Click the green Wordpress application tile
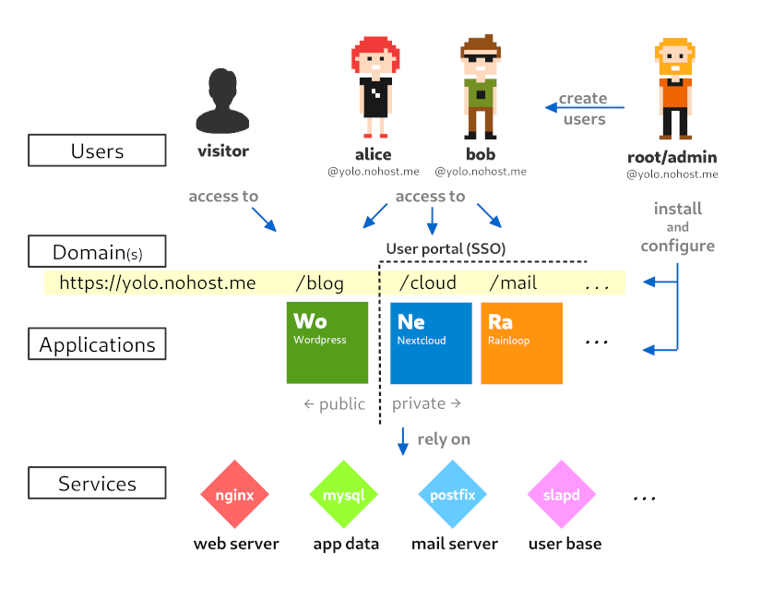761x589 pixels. click(x=327, y=343)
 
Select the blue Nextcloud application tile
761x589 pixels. click(x=431, y=343)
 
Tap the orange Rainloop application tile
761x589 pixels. click(x=521, y=343)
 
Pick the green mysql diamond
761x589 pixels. click(x=344, y=495)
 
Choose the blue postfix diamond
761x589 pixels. click(x=453, y=495)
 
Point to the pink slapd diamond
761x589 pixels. click(x=562, y=495)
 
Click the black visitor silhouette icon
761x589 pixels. click(x=222, y=102)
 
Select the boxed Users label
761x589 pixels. click(x=97, y=150)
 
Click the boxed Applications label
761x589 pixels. click(x=97, y=344)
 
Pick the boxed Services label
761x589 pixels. click(x=97, y=483)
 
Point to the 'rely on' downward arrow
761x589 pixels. click(x=403, y=440)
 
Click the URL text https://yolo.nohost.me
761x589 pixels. click(x=157, y=282)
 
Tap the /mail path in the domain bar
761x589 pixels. click(x=513, y=282)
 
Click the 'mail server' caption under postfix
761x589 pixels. click(x=454, y=544)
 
